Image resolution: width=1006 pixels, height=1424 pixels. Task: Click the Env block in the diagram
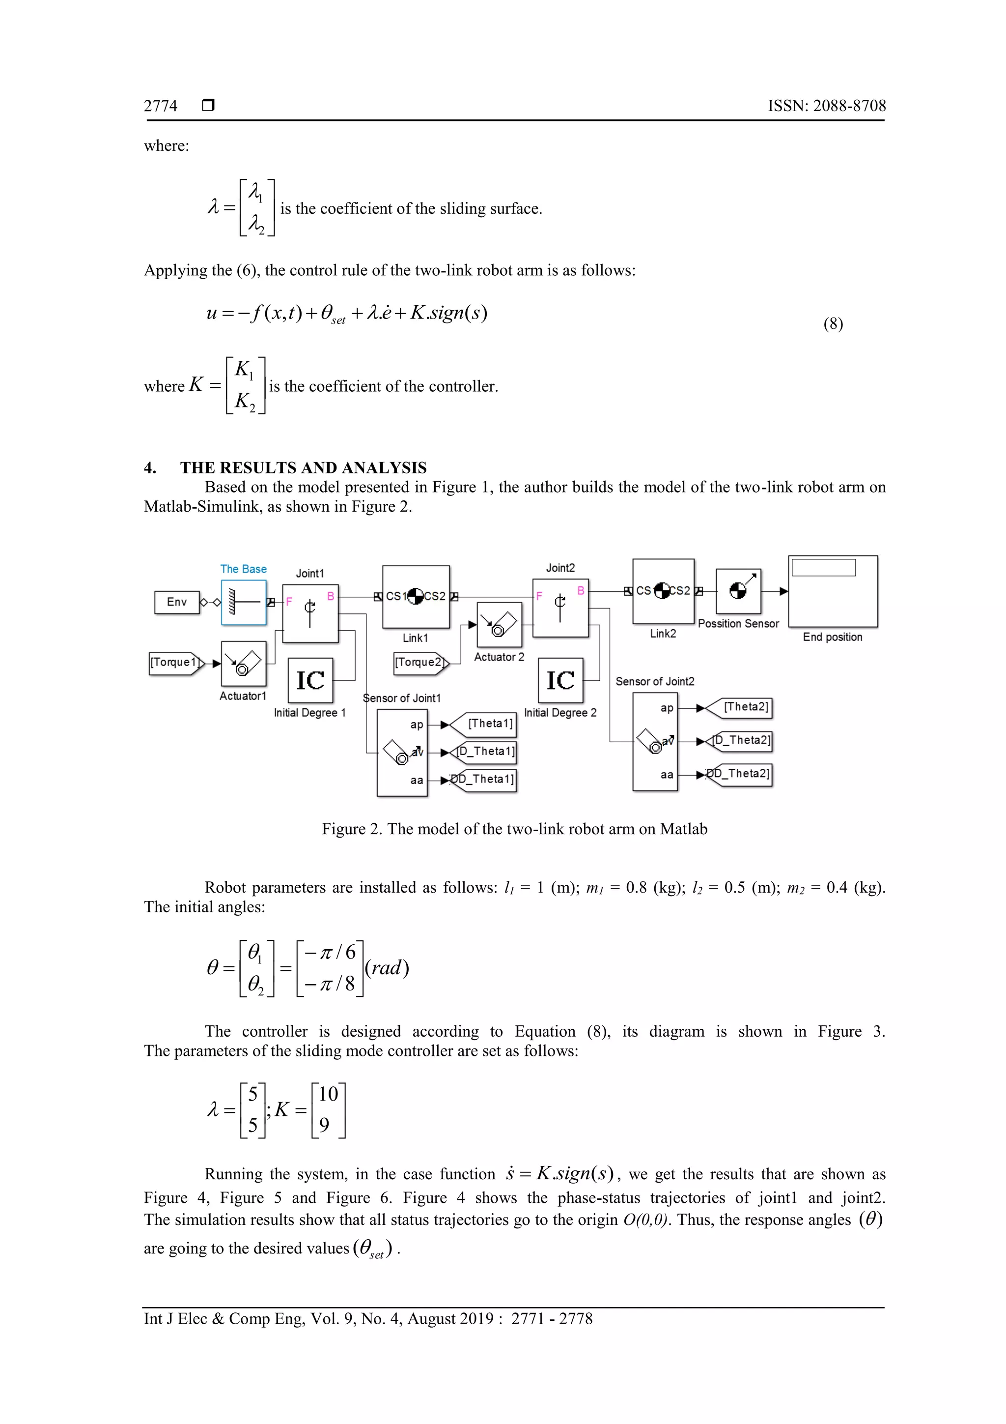click(x=177, y=602)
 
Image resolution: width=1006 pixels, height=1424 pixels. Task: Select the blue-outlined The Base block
click(x=244, y=602)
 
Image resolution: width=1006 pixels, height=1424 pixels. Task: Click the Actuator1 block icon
click(x=244, y=663)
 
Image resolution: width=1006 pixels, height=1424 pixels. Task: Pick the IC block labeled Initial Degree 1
click(x=310, y=680)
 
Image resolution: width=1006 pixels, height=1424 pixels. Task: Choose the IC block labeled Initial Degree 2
click(x=560, y=680)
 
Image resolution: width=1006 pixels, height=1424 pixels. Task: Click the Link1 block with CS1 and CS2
click(x=416, y=597)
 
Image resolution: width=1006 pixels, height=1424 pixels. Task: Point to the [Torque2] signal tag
click(x=419, y=663)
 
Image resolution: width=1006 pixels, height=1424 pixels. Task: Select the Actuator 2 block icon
click(x=499, y=625)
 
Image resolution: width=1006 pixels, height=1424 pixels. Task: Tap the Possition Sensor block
click(x=738, y=591)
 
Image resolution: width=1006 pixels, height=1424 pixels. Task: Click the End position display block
click(x=833, y=591)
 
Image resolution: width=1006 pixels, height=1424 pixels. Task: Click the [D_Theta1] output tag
click(x=485, y=752)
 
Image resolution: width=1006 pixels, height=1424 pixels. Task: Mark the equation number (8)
click(x=833, y=324)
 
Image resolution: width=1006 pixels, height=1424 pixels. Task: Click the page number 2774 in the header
click(x=161, y=106)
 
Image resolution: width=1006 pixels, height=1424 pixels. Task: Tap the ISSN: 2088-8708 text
click(x=826, y=106)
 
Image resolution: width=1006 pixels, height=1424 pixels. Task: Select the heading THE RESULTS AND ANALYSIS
click(x=303, y=467)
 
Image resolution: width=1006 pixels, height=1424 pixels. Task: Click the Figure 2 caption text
click(x=514, y=829)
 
